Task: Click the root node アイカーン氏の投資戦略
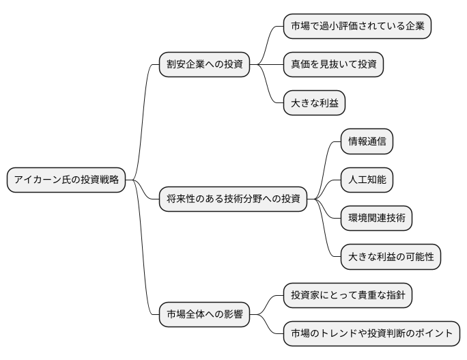coord(66,180)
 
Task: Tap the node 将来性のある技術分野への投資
coord(233,199)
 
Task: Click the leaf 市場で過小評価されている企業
coord(358,27)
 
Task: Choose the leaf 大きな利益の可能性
coord(391,257)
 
